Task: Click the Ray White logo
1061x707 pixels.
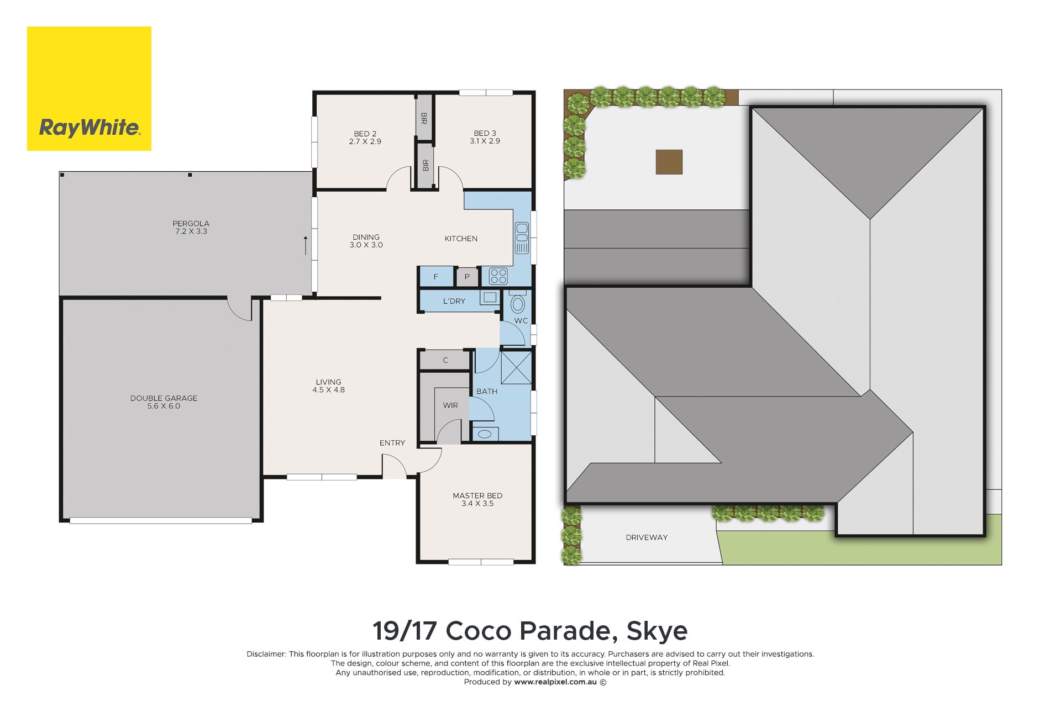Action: click(89, 88)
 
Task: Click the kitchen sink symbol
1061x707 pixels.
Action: click(522, 238)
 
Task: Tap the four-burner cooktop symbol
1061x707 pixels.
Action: click(498, 276)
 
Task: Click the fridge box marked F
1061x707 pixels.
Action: click(437, 277)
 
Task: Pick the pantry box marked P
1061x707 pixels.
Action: click(468, 277)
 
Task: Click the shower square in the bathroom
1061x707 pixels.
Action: click(516, 367)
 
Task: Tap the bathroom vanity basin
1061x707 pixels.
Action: click(485, 434)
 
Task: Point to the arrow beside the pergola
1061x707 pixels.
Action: click(306, 245)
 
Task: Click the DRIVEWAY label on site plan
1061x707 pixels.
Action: click(647, 537)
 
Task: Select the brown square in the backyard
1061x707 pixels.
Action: click(669, 162)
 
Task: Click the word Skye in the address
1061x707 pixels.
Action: click(657, 631)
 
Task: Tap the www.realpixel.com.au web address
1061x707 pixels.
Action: click(555, 682)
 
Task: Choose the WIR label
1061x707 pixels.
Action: click(450, 405)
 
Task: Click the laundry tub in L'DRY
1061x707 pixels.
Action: click(490, 298)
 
